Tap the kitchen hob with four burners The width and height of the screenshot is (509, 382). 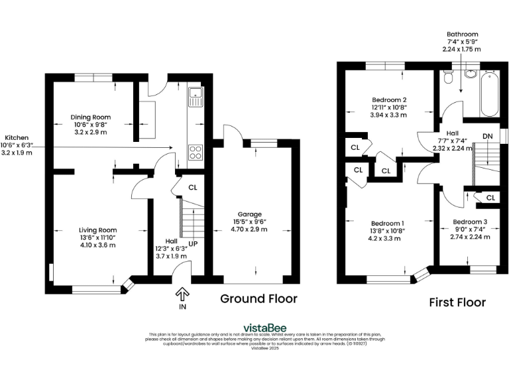pyautogui.click(x=196, y=152)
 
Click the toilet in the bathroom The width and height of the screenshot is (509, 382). pyautogui.click(x=448, y=79)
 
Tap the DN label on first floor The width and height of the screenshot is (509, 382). pyautogui.click(x=487, y=137)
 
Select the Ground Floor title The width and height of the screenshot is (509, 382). pyautogui.click(x=258, y=298)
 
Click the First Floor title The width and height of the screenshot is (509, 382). pyautogui.click(x=457, y=302)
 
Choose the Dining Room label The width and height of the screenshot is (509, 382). pyautogui.click(x=89, y=124)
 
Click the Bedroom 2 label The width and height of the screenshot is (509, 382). pyautogui.click(x=389, y=107)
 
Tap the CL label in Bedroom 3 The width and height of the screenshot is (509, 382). pyautogui.click(x=490, y=198)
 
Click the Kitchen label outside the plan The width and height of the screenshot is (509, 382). pyautogui.click(x=16, y=145)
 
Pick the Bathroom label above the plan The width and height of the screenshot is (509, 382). pyautogui.click(x=462, y=41)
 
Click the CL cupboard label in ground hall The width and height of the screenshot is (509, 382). pyautogui.click(x=193, y=187)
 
